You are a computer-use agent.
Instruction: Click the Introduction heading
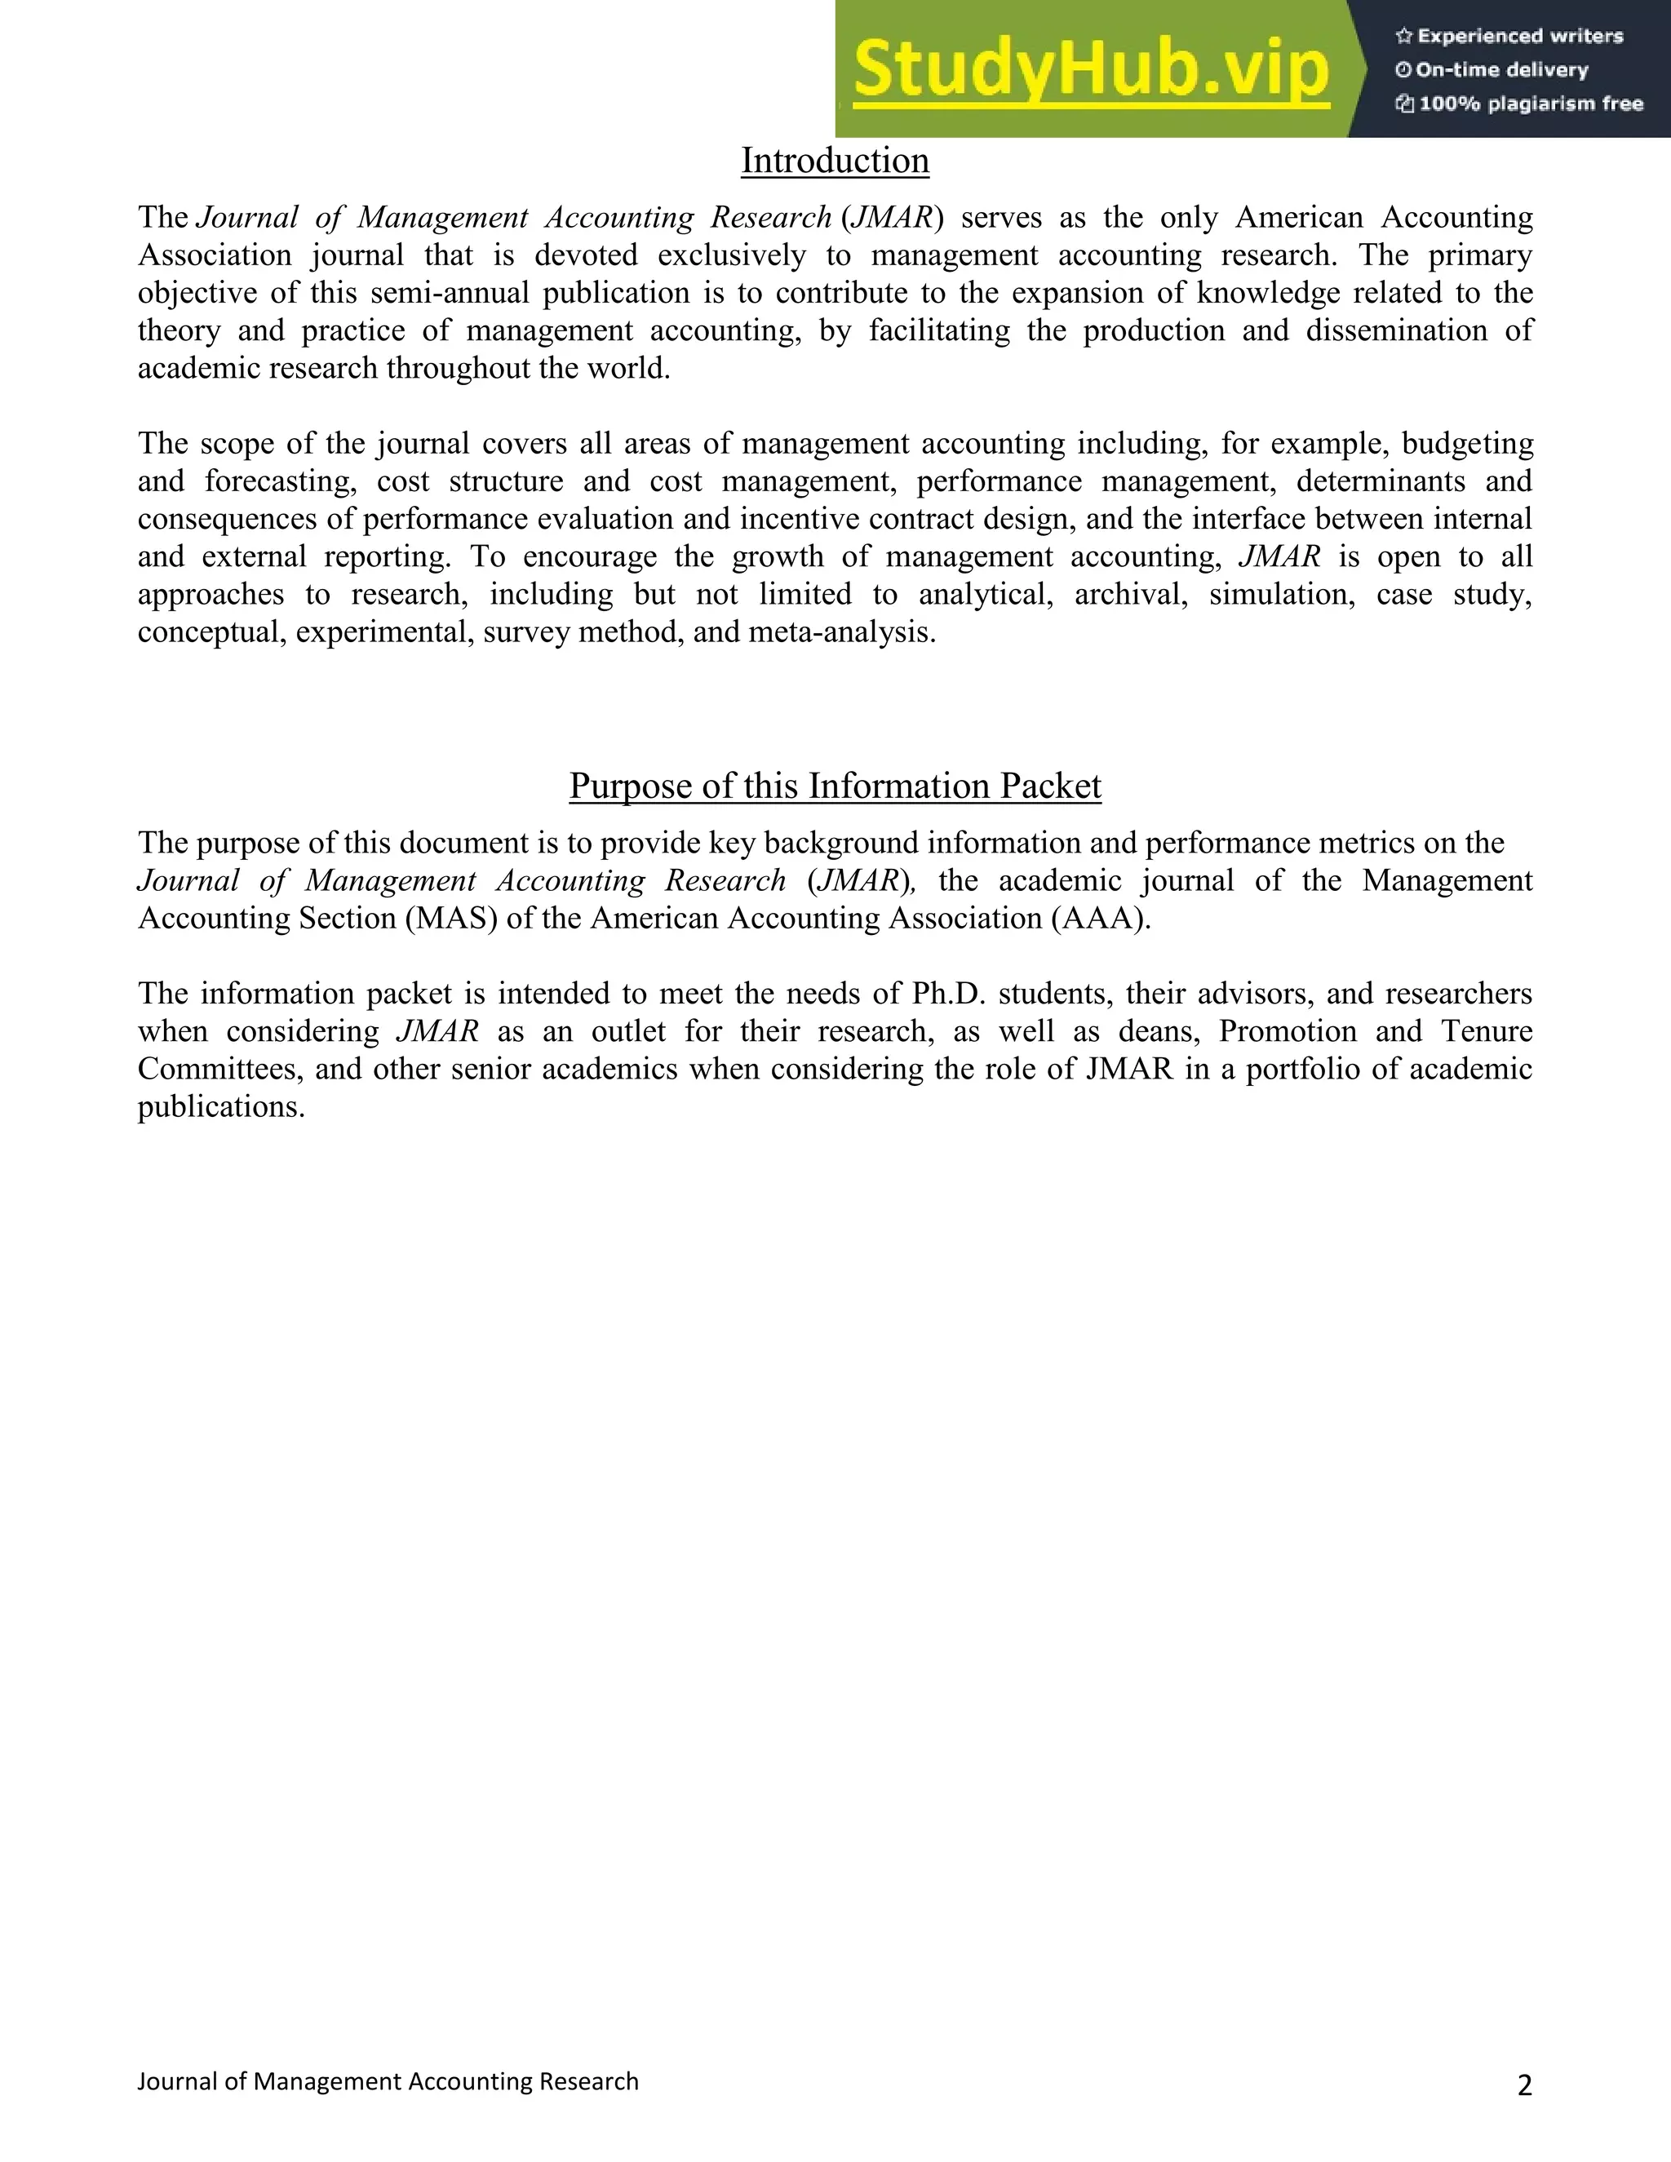pos(835,161)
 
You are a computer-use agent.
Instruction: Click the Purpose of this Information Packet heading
pos(835,785)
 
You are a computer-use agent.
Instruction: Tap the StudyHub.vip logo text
pos(1091,69)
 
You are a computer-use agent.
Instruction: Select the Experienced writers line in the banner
pos(1519,37)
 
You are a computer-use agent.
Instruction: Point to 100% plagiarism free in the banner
pos(1530,104)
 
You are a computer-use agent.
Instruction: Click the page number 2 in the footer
pos(1523,2086)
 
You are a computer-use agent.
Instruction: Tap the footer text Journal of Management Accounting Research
pos(388,2081)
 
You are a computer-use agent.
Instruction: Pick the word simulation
pos(1281,594)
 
